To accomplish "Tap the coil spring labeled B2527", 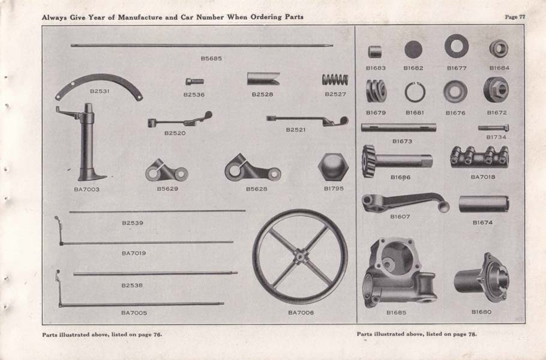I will [x=335, y=80].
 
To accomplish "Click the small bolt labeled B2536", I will [x=194, y=81].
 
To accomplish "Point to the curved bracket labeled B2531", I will [x=99, y=86].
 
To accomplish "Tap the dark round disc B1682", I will [x=413, y=49].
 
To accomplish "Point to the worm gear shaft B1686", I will [x=396, y=161].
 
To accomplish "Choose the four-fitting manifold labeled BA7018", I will [x=479, y=158].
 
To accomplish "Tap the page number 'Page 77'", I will [x=514, y=17].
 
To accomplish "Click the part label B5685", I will [x=211, y=58].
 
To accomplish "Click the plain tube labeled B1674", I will [x=484, y=204].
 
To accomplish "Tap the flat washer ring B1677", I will [x=457, y=46].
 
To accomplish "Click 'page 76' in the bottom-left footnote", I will [x=149, y=334].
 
